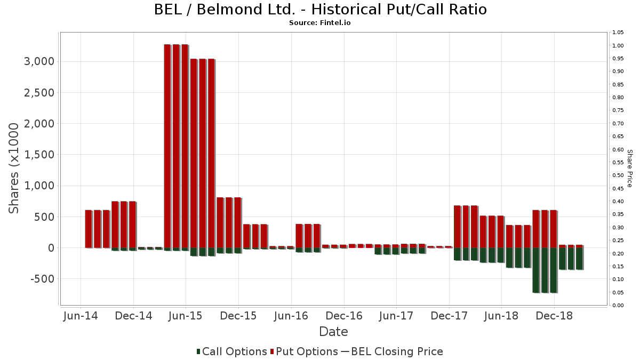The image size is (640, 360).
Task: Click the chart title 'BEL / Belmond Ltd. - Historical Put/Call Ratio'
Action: [320, 10]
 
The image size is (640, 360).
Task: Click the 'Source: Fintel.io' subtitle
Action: [320, 23]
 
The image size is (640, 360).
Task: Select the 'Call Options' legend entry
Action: [231, 351]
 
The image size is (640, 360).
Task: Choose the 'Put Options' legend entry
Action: [304, 351]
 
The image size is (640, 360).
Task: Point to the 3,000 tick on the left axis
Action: [39, 61]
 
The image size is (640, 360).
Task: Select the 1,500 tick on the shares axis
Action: [39, 155]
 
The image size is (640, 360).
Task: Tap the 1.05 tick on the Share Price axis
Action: [618, 33]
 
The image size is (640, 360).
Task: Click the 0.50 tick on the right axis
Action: [618, 175]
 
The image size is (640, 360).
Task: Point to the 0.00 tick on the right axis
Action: [618, 306]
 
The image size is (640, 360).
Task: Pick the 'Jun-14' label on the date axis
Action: [81, 316]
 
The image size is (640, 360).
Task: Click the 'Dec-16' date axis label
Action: [344, 316]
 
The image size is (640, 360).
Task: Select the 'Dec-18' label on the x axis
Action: [554, 316]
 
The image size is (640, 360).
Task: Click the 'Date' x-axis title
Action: [333, 332]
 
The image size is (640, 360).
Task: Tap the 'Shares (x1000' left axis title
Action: [14, 168]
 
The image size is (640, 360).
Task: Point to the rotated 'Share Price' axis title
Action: [629, 168]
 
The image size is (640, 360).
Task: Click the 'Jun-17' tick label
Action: [396, 316]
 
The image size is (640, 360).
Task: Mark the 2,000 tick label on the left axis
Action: [39, 124]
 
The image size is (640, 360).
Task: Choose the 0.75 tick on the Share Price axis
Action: [618, 110]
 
